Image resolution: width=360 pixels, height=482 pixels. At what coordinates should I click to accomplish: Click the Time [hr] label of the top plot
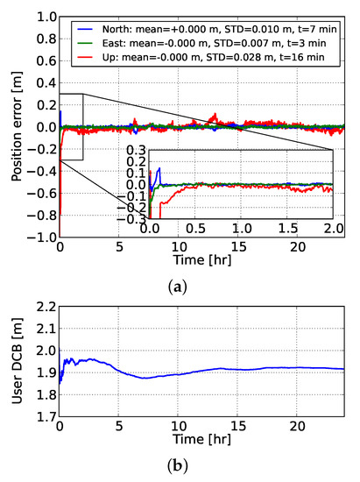click(x=196, y=263)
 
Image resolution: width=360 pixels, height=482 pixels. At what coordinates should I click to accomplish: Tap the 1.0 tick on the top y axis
click(x=45, y=17)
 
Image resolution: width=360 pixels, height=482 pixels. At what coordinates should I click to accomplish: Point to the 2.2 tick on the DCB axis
click(x=45, y=308)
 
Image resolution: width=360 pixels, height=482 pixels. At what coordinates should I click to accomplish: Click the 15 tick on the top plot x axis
click(x=237, y=249)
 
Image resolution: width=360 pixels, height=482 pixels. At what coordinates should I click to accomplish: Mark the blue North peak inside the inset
click(x=159, y=169)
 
